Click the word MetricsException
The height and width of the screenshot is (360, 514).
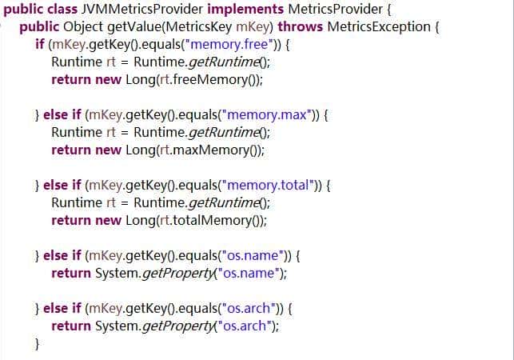[382, 26]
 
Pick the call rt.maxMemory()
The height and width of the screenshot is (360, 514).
[216, 150]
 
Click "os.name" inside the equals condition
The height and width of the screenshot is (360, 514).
[255, 255]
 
